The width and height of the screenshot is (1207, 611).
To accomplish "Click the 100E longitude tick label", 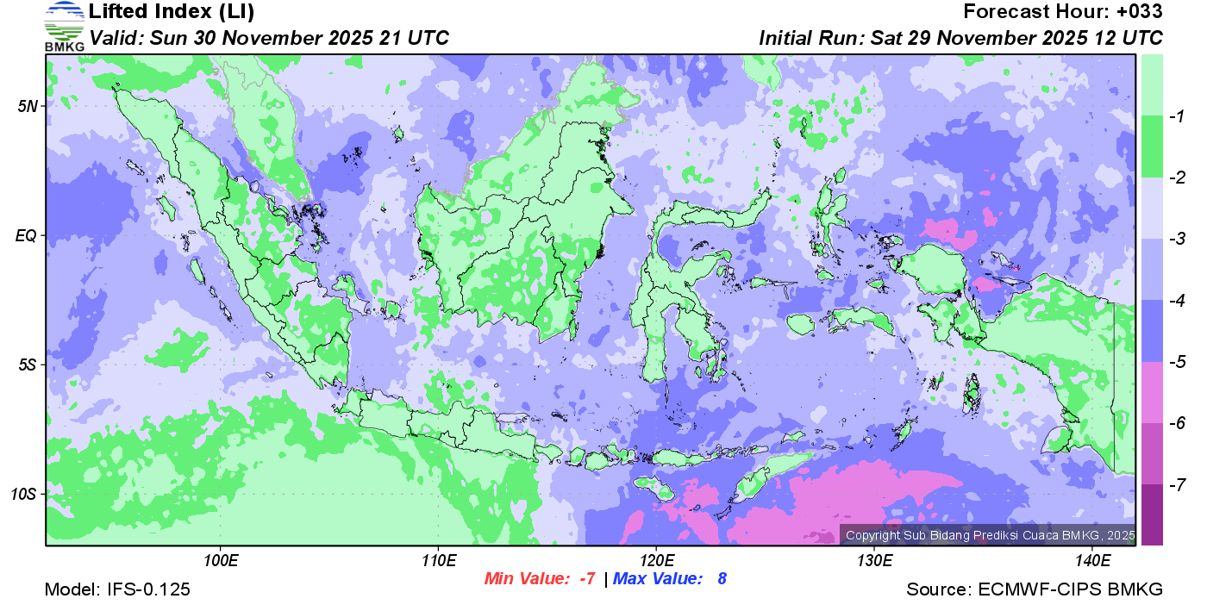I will [x=221, y=562].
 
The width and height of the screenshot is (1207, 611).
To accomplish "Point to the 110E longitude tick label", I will [x=439, y=562].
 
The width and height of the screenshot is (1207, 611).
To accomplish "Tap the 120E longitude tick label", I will [x=656, y=562].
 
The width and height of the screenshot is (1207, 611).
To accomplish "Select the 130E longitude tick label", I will [x=874, y=562].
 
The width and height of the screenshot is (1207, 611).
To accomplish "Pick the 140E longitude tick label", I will [x=1092, y=562].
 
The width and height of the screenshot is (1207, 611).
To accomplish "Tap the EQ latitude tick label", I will [x=28, y=235].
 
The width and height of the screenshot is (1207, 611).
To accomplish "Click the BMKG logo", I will [x=64, y=27].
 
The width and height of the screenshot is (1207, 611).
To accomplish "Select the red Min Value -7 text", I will [x=540, y=579].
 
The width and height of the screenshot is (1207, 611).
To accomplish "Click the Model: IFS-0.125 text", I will [x=117, y=590].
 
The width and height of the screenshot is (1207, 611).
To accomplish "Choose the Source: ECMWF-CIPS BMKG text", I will [x=1035, y=590].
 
